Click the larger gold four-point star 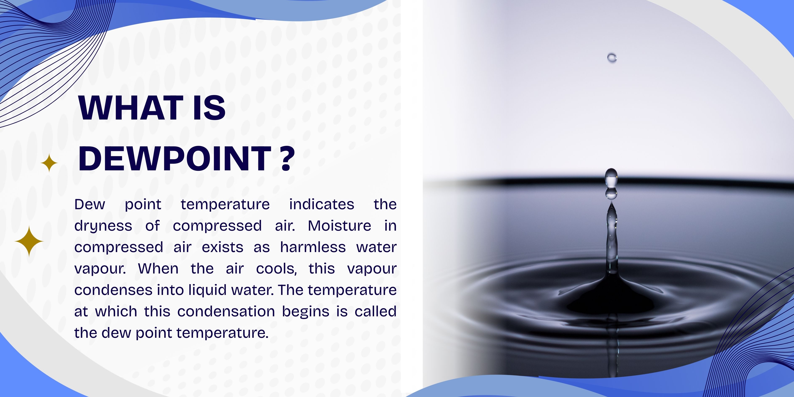click(x=29, y=241)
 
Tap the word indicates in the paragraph click(x=321, y=204)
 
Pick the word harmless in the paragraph click(x=313, y=247)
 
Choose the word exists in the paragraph click(x=222, y=247)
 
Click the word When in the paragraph click(x=158, y=268)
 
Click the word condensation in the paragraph click(x=226, y=311)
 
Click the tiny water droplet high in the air click(x=612, y=58)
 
